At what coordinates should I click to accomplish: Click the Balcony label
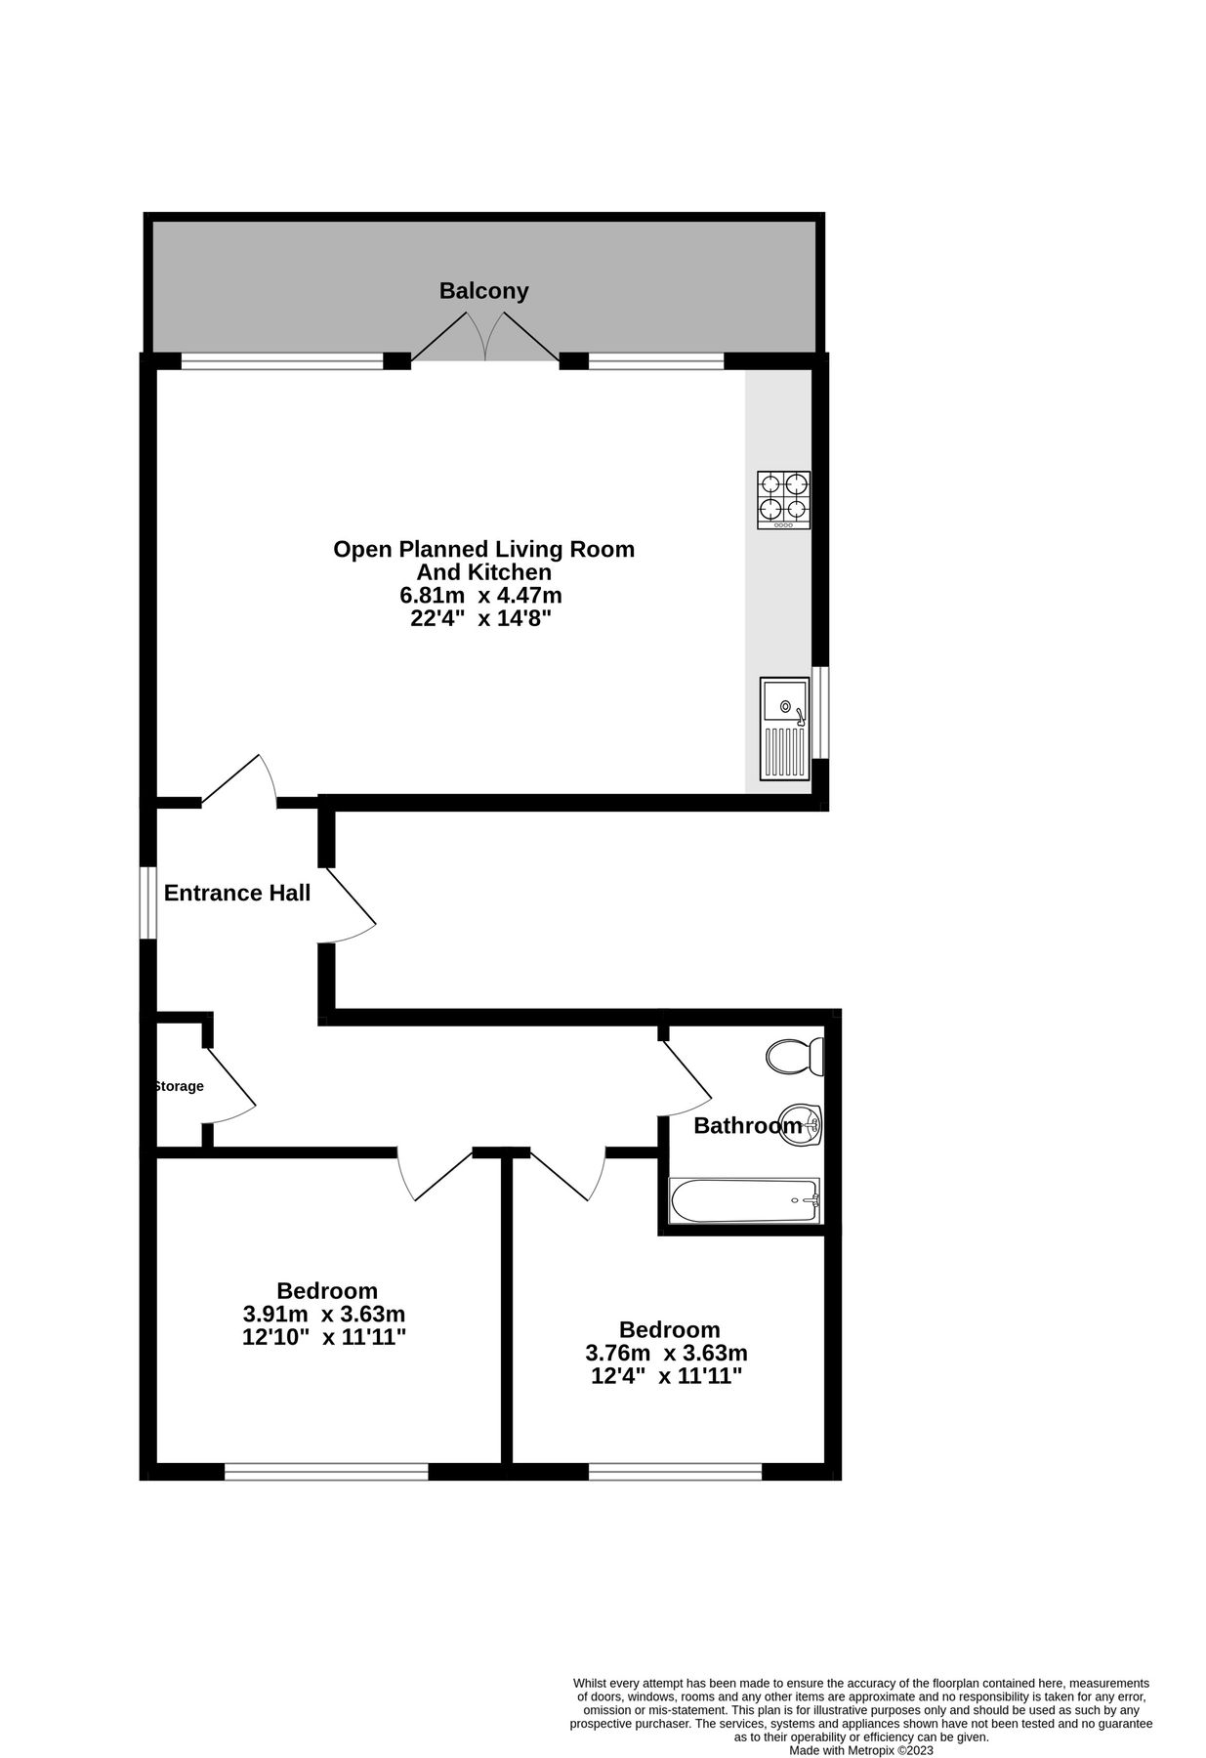click(x=483, y=290)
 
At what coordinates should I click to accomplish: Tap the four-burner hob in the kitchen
click(x=783, y=500)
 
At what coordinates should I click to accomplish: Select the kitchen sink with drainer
click(x=784, y=729)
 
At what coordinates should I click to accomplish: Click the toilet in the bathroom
click(x=794, y=1056)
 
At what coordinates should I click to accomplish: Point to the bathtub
click(x=744, y=1200)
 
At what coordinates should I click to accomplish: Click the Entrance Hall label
click(x=237, y=893)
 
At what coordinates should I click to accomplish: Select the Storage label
click(x=179, y=1086)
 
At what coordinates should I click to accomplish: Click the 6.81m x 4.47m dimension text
click(x=480, y=595)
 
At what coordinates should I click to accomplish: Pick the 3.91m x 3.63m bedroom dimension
click(x=323, y=1314)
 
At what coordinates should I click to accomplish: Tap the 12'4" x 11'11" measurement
click(x=667, y=1376)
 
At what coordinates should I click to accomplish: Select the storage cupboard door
click(x=231, y=1086)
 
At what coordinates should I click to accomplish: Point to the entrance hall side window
click(x=147, y=903)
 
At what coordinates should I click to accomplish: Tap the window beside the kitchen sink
click(x=823, y=712)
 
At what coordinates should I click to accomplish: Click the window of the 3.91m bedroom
click(x=326, y=1471)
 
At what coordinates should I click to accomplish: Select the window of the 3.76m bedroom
click(x=675, y=1471)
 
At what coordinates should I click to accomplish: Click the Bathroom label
click(x=746, y=1126)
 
